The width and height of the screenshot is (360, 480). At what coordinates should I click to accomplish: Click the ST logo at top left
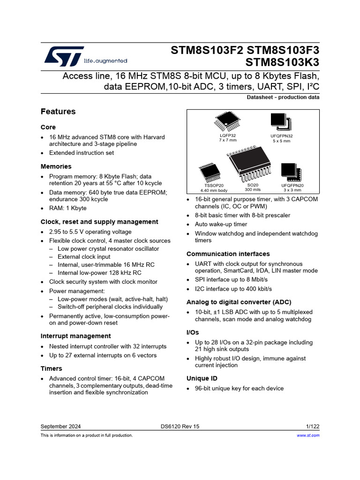[64, 56]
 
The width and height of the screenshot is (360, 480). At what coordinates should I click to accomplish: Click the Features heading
[58, 112]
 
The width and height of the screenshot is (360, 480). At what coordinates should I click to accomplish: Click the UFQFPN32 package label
[282, 135]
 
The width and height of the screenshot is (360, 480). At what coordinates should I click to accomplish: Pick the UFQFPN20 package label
[292, 186]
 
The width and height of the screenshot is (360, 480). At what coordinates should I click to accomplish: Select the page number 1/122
[312, 427]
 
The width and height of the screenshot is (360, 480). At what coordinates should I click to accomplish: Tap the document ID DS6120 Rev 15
[180, 427]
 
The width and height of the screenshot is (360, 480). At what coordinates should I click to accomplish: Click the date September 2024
[60, 427]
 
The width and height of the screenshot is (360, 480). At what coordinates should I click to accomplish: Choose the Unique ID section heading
[202, 378]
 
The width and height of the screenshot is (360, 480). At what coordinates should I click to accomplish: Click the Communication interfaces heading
[228, 254]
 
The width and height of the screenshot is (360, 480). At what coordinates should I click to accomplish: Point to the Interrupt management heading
[76, 336]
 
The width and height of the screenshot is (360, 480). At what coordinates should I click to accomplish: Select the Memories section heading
[56, 166]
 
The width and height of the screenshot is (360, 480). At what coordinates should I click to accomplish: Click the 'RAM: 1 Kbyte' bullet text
[67, 208]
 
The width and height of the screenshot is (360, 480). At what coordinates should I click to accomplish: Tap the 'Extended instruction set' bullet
[82, 153]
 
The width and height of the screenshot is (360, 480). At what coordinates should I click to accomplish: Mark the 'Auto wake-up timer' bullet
[221, 224]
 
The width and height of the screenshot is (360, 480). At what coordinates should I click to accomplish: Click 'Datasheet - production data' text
[283, 97]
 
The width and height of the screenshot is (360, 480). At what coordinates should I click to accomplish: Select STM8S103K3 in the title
[282, 62]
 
